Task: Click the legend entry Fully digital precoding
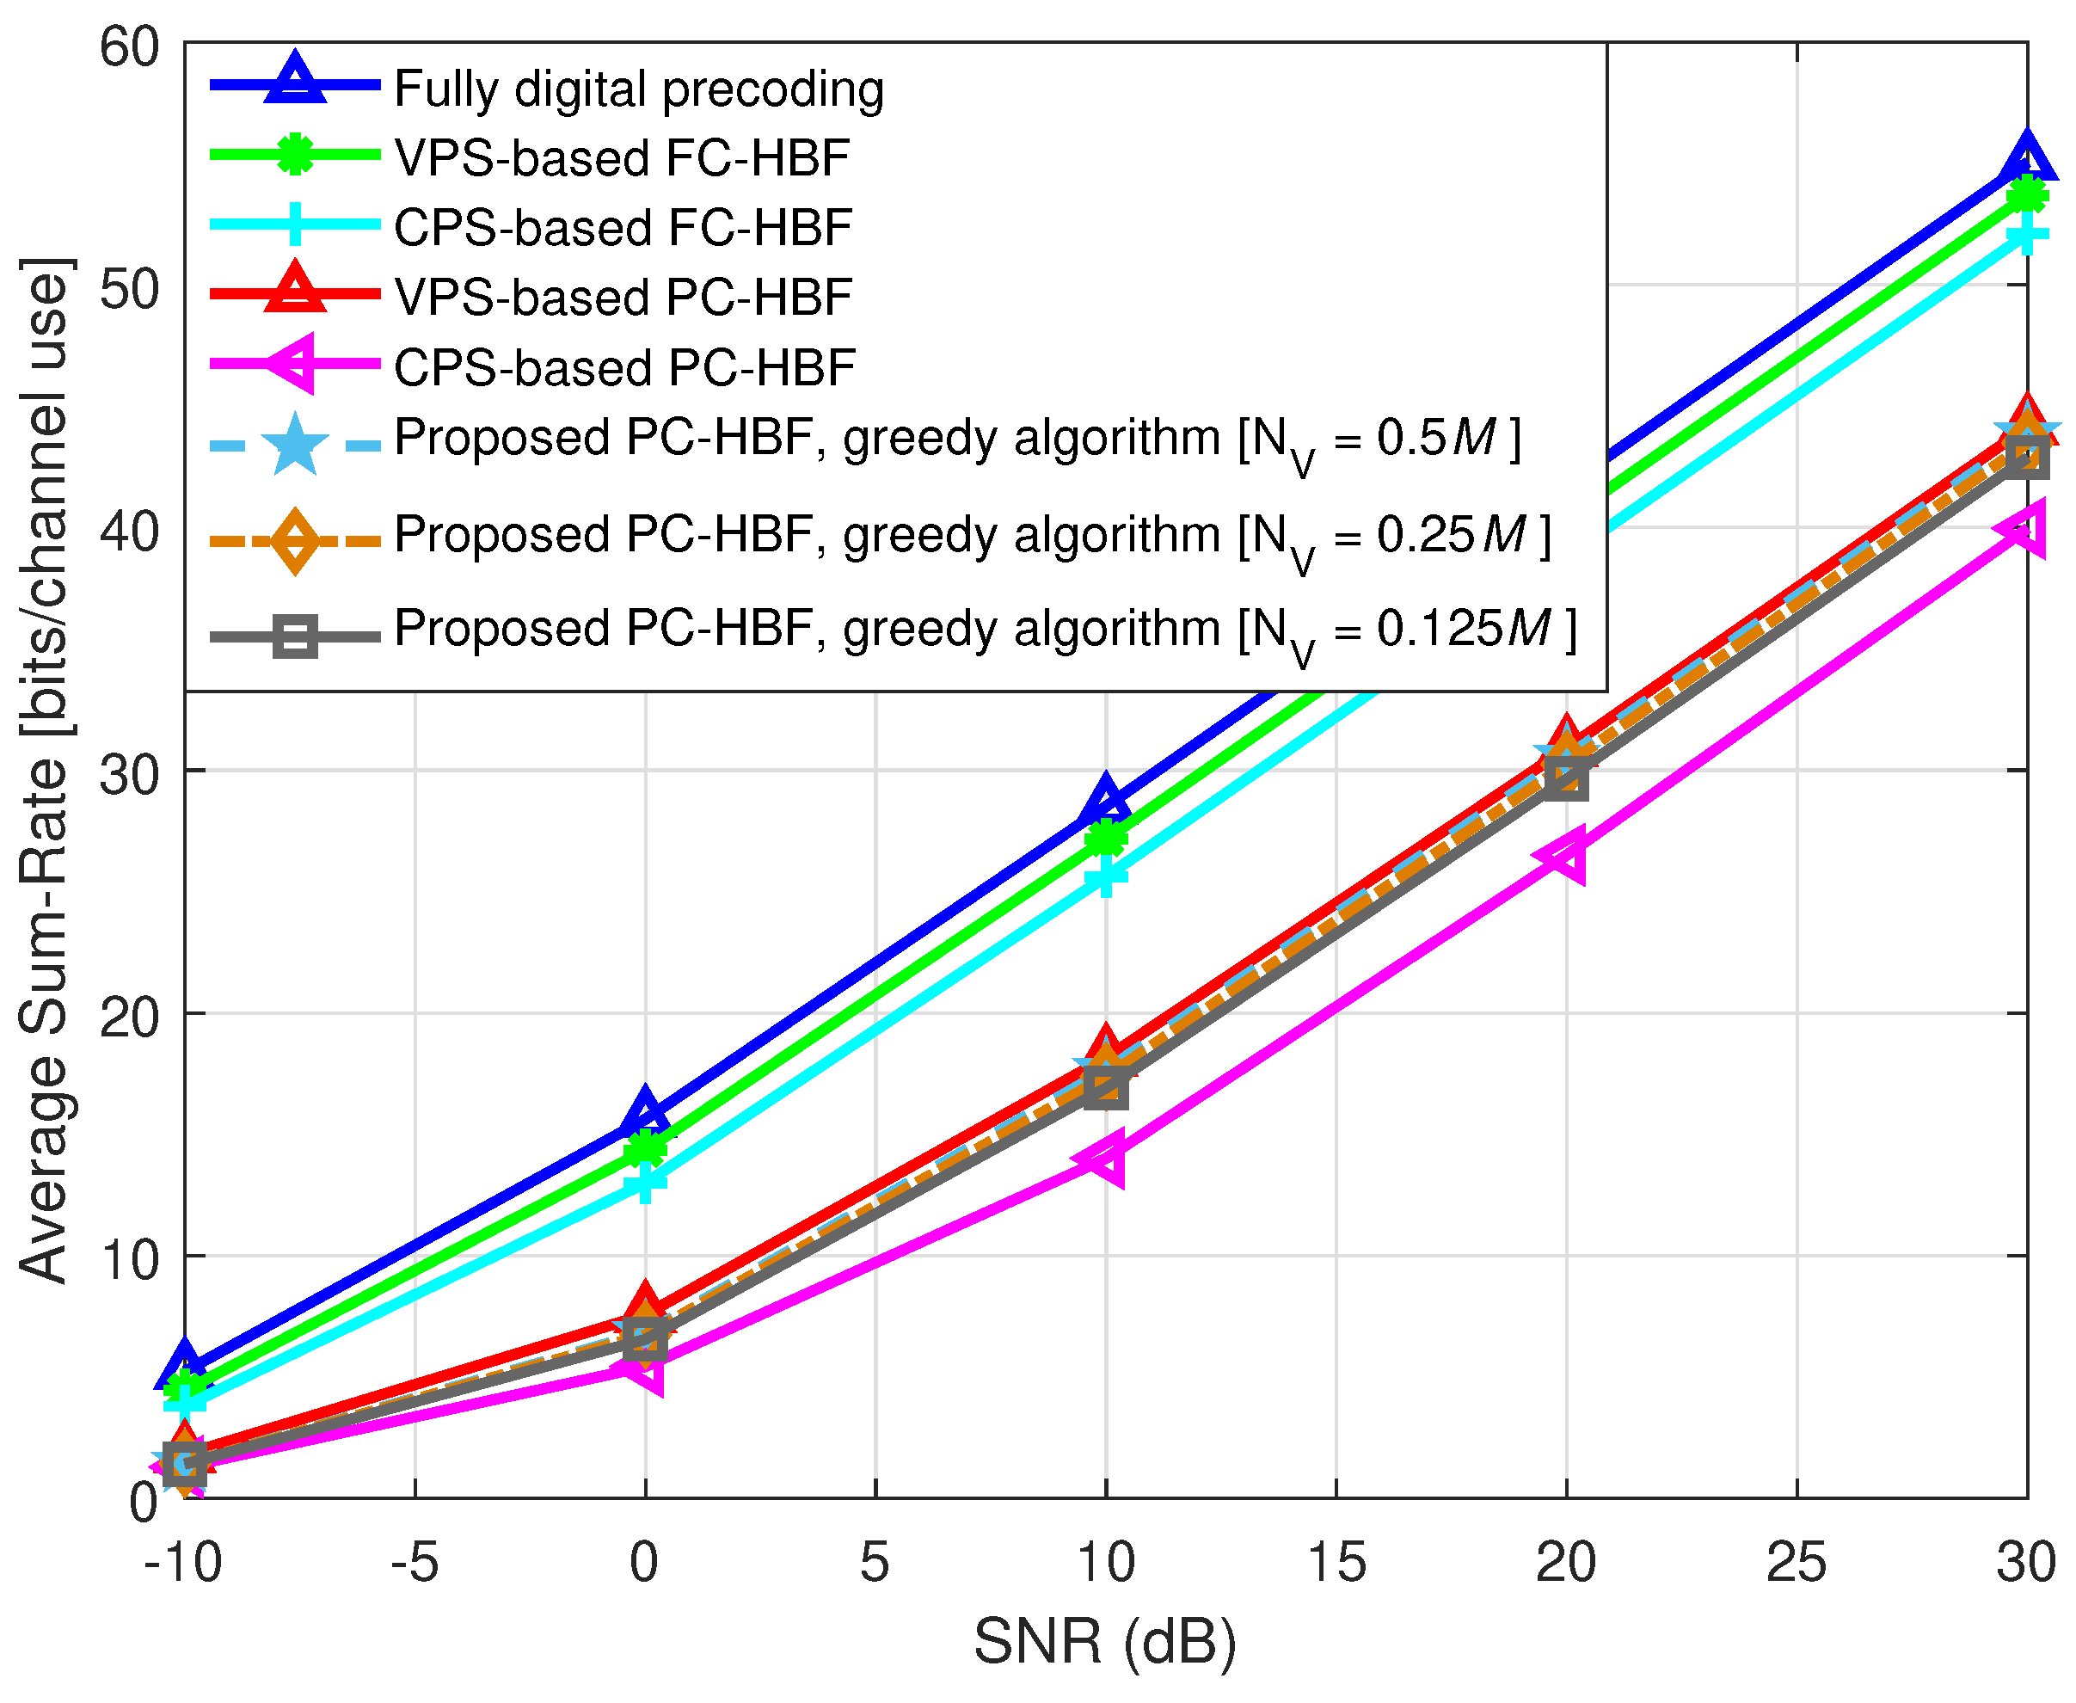point(638,89)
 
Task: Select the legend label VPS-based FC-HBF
point(622,158)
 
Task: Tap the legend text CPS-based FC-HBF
point(623,228)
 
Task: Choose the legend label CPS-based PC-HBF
point(623,368)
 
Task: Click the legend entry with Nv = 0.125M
point(984,629)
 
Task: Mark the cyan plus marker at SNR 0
point(644,1181)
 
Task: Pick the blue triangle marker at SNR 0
point(644,1115)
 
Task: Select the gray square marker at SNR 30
point(2026,457)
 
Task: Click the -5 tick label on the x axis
point(414,1563)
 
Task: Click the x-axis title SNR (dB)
point(1104,1641)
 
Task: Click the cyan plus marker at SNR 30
point(2026,236)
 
